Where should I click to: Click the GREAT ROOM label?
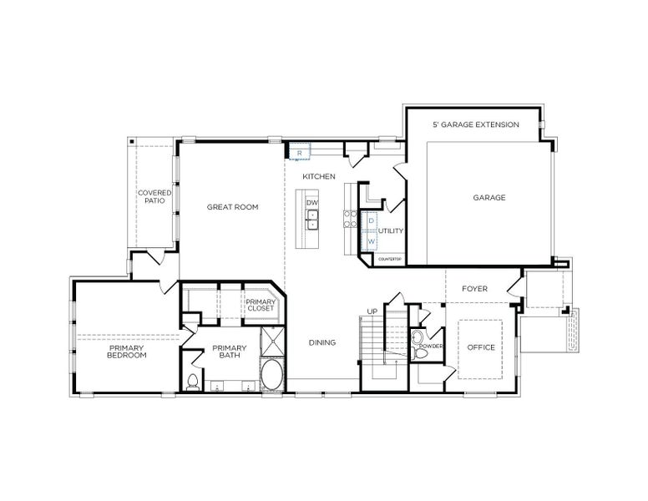click(x=232, y=207)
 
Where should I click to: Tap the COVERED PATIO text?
click(x=154, y=197)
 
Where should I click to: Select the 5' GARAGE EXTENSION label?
click(x=475, y=124)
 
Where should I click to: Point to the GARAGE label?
click(x=489, y=198)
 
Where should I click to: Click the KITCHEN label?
click(x=318, y=176)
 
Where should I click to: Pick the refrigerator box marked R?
click(x=300, y=153)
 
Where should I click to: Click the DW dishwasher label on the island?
click(x=311, y=203)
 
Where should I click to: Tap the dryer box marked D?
click(x=371, y=220)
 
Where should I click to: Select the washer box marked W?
click(x=371, y=241)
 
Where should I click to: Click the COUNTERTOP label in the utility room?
click(x=390, y=260)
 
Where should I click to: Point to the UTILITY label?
click(x=391, y=230)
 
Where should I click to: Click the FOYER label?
click(x=474, y=289)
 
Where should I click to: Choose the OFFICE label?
click(x=481, y=347)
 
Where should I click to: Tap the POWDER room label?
click(x=431, y=346)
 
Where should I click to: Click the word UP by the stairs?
click(x=372, y=311)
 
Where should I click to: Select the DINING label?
click(x=321, y=342)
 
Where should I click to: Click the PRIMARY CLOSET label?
click(x=260, y=305)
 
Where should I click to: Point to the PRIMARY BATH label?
click(x=229, y=352)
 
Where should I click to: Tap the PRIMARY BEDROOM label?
click(x=126, y=352)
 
